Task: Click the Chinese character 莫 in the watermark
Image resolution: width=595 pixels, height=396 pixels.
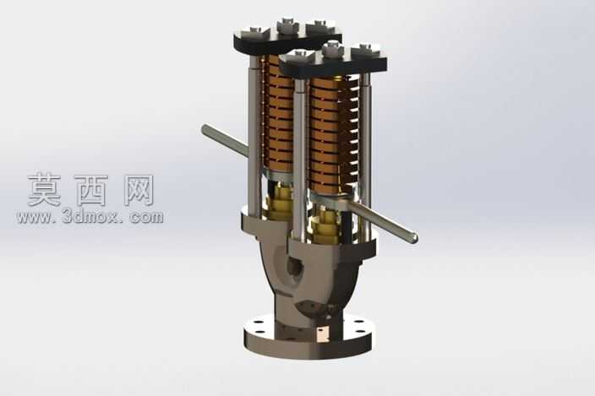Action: pyautogui.click(x=44, y=190)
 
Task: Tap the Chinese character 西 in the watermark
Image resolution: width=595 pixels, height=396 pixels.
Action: pyautogui.click(x=91, y=190)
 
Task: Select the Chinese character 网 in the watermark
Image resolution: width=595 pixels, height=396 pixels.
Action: pyautogui.click(x=139, y=190)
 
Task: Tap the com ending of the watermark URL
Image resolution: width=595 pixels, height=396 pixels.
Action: pyautogui.click(x=146, y=218)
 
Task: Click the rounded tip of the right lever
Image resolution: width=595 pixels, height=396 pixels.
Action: pyautogui.click(x=414, y=237)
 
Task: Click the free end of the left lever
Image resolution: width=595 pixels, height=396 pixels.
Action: pyautogui.click(x=205, y=129)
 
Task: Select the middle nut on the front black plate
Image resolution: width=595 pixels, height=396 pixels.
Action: pyautogui.click(x=333, y=48)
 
